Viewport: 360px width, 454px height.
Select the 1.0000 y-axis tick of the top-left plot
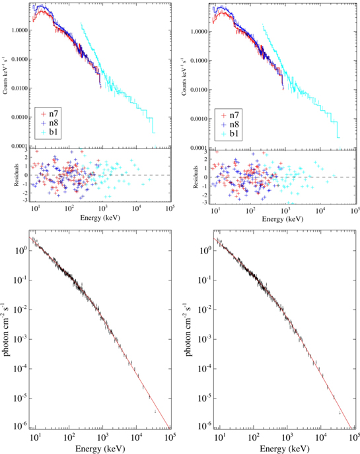17,30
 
